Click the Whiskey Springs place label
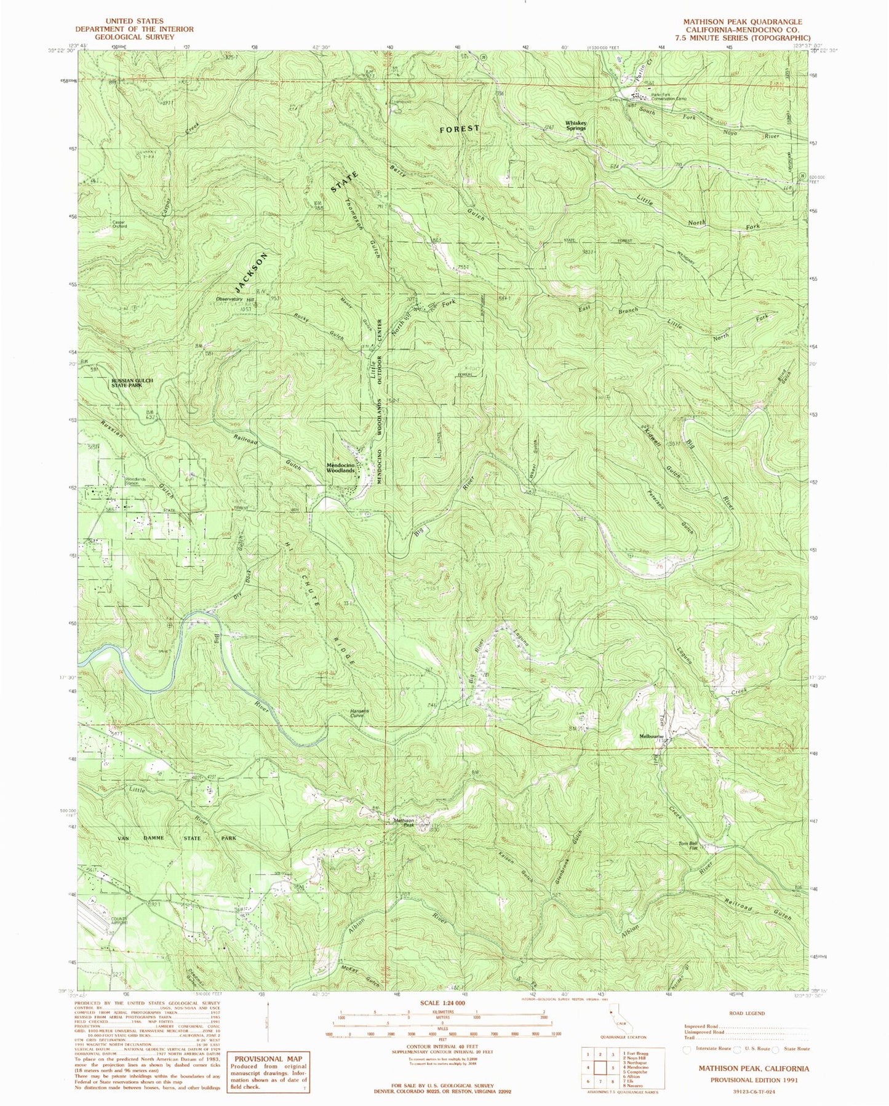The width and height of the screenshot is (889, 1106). coord(576,125)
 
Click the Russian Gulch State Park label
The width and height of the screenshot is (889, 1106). coord(131,383)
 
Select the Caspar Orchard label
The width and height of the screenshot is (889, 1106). coord(119,224)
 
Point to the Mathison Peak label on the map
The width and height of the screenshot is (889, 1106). coord(404,822)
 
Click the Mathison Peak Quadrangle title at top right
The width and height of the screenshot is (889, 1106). coord(742,22)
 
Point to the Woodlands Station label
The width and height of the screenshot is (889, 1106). coord(137,481)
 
